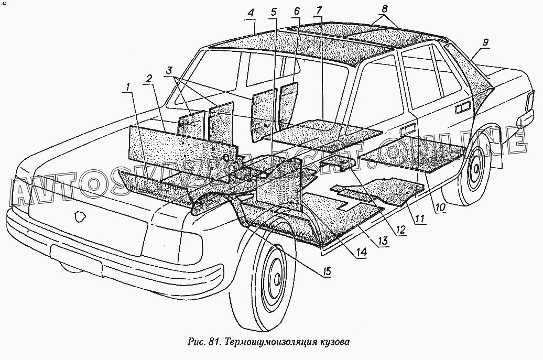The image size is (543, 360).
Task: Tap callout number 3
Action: click(169, 70)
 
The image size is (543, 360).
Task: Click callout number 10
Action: click(440, 208)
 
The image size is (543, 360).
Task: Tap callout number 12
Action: click(401, 228)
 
